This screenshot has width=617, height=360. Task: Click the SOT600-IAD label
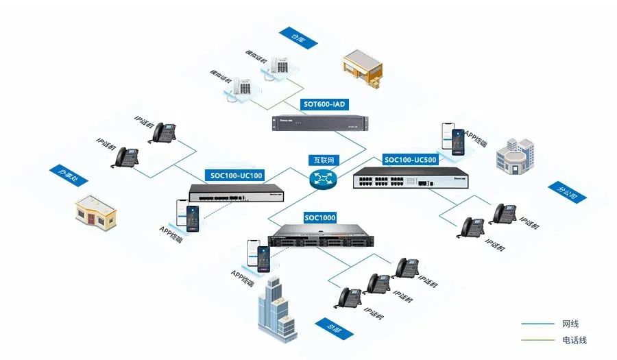pos(324,105)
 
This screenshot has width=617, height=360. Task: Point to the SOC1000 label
pos(320,218)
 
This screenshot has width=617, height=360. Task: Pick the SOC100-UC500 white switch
pos(409,180)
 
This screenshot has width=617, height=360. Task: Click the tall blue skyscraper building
pos(278,313)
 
